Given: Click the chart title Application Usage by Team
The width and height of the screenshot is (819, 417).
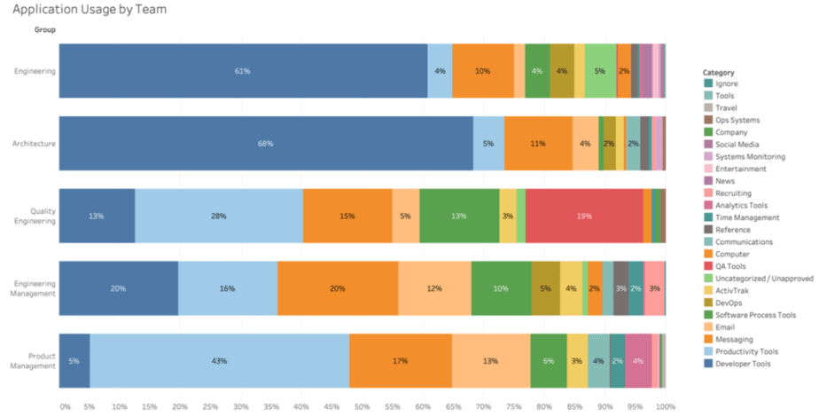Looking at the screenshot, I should click(x=90, y=10).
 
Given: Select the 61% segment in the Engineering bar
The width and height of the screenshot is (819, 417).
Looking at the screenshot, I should click(x=242, y=71).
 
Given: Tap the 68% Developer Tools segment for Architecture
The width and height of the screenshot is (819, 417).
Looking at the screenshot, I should click(x=265, y=143).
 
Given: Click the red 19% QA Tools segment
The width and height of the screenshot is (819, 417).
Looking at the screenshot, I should click(x=584, y=216).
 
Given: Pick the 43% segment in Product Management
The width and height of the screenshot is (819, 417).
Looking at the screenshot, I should click(x=219, y=361).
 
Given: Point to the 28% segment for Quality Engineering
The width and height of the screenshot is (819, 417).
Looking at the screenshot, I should click(x=219, y=216).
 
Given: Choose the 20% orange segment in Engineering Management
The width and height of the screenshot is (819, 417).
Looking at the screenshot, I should click(x=337, y=288).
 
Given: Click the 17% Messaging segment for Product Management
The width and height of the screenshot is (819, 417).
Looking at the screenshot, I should click(x=400, y=361).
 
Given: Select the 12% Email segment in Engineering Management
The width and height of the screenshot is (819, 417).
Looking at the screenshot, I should click(x=434, y=288).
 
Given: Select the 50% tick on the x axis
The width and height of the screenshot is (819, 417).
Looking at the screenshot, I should click(x=362, y=406).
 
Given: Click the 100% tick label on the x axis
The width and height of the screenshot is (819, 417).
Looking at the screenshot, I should click(x=665, y=406).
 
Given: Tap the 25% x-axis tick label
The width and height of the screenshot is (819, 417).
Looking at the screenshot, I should click(x=210, y=406).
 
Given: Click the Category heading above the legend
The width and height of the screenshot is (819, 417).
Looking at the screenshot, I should click(x=719, y=71).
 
